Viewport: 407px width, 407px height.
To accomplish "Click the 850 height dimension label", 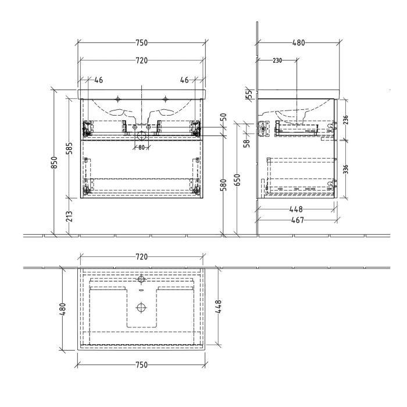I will [54, 163].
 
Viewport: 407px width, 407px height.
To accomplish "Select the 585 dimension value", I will [69, 150].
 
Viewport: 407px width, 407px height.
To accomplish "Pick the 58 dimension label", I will [246, 142].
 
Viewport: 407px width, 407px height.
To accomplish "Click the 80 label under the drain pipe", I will [141, 147].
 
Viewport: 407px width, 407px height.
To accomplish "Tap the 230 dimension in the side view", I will [276, 60].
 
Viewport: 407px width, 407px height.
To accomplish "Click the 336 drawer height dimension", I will [347, 169].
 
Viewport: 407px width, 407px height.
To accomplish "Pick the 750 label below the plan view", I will [141, 363].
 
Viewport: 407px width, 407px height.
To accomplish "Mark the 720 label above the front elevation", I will [141, 60].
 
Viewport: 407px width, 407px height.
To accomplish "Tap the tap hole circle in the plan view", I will [140, 280].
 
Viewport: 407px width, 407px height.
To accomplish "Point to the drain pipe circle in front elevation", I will [141, 137].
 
